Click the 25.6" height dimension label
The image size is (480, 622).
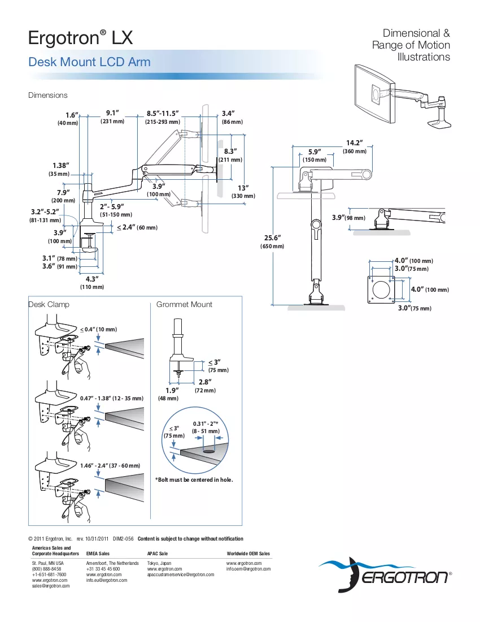pyautogui.click(x=273, y=237)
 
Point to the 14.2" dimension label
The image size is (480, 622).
pyautogui.click(x=355, y=143)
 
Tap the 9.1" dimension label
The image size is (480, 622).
pyautogui.click(x=112, y=113)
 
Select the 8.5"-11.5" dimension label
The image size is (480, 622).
pyautogui.click(x=163, y=114)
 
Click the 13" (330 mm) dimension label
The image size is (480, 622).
pyautogui.click(x=243, y=192)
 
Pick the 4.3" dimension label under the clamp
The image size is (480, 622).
pyautogui.click(x=92, y=279)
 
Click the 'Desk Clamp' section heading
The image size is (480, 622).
pyautogui.click(x=49, y=304)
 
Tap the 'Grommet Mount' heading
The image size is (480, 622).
pyautogui.click(x=184, y=304)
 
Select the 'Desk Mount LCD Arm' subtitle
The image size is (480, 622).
pyautogui.click(x=89, y=62)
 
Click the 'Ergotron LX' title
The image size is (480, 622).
pyautogui.click(x=80, y=38)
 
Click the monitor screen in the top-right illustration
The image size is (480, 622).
pyautogui.click(x=374, y=94)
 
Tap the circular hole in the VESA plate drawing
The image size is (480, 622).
pyautogui.click(x=381, y=290)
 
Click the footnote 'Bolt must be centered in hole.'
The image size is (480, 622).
pyautogui.click(x=194, y=480)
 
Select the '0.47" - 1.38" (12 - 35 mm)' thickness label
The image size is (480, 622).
pyautogui.click(x=112, y=398)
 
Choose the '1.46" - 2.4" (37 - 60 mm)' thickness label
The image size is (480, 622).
pyautogui.click(x=110, y=466)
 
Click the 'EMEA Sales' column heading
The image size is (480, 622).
pyautogui.click(x=98, y=554)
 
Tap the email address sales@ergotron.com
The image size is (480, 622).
pyautogui.click(x=51, y=586)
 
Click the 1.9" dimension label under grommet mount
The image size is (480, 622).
pyautogui.click(x=172, y=390)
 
